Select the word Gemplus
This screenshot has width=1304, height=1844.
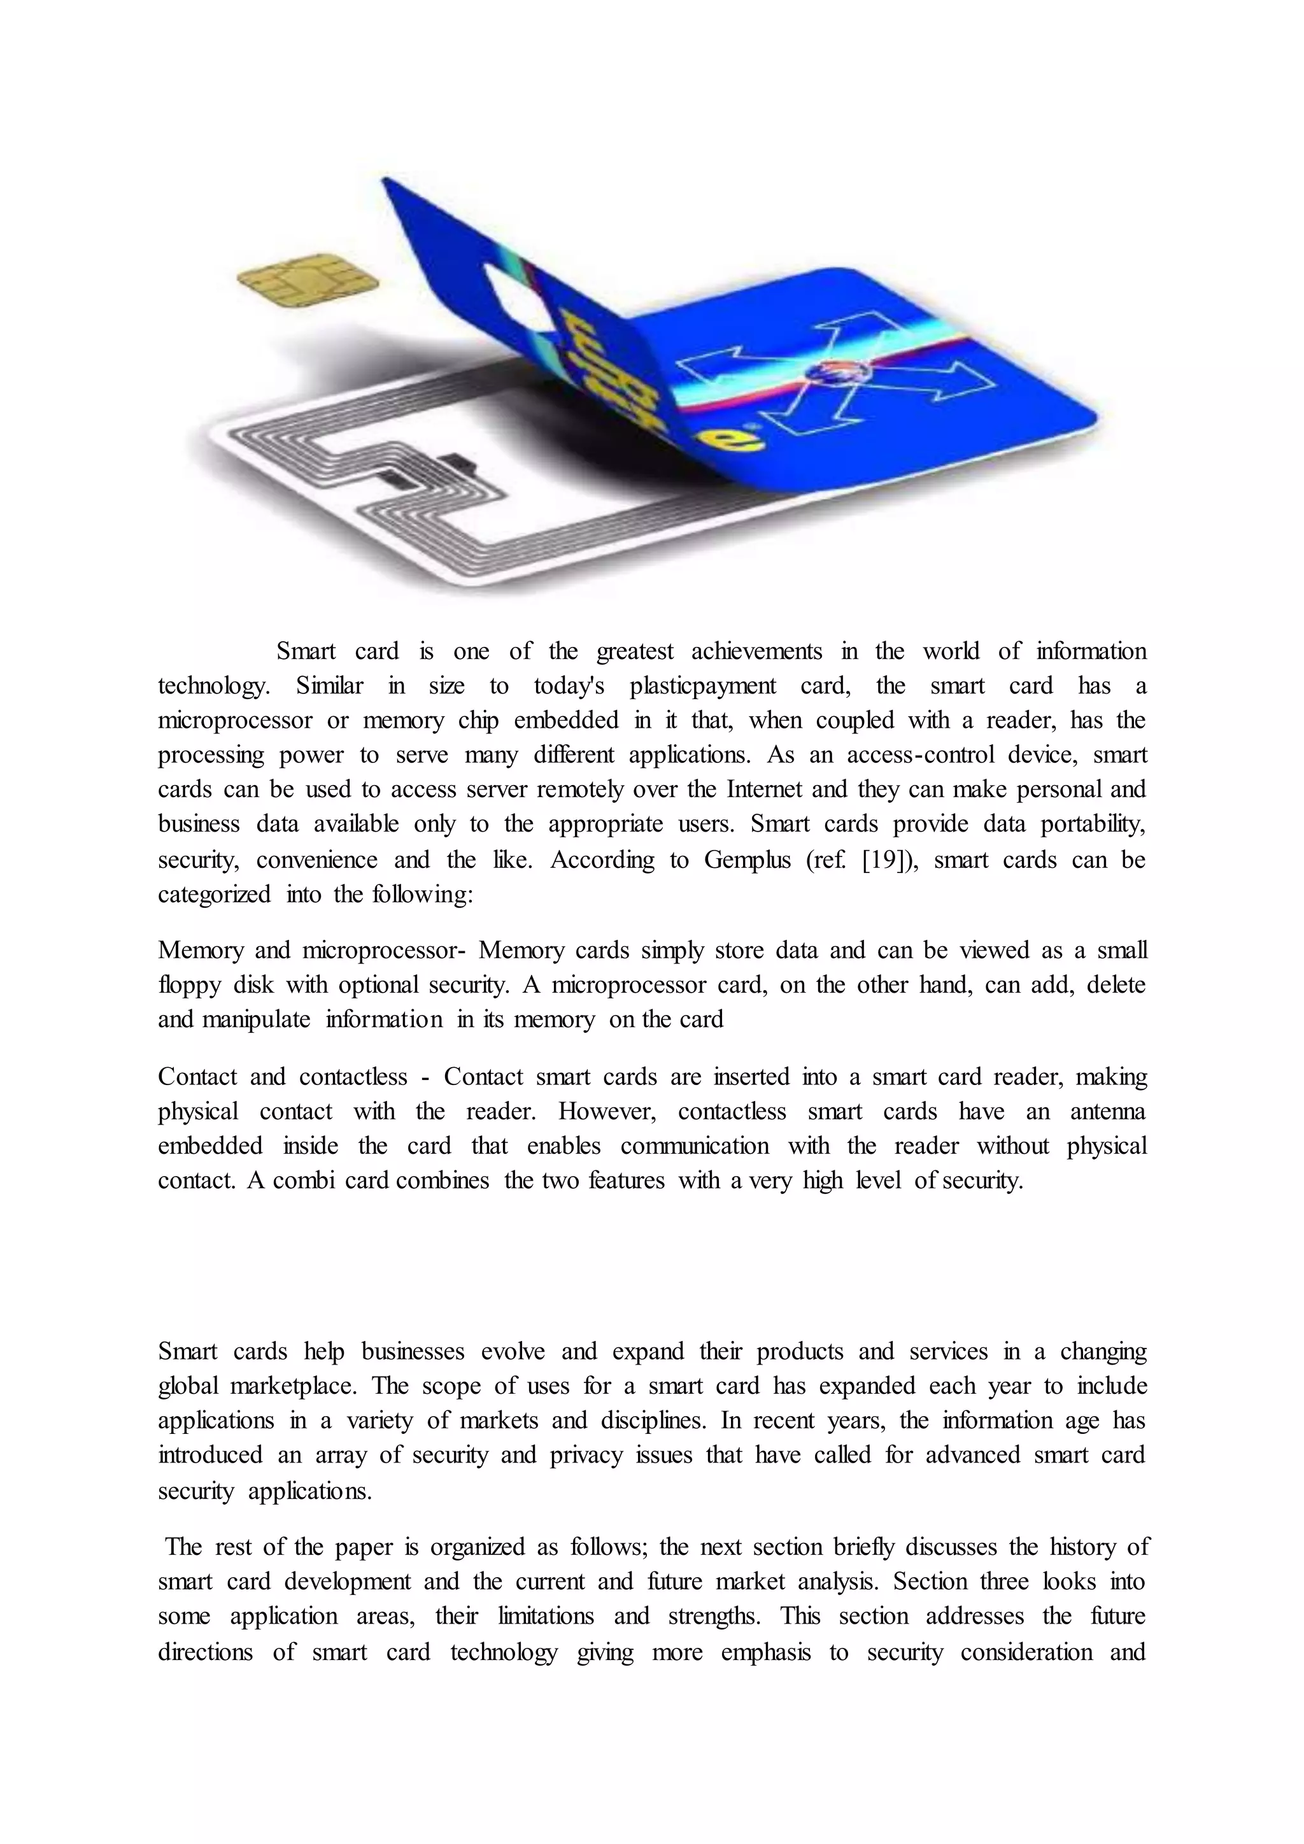pyautogui.click(x=748, y=860)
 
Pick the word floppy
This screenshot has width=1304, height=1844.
pyautogui.click(x=188, y=984)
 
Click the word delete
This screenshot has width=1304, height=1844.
pyautogui.click(x=1116, y=984)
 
